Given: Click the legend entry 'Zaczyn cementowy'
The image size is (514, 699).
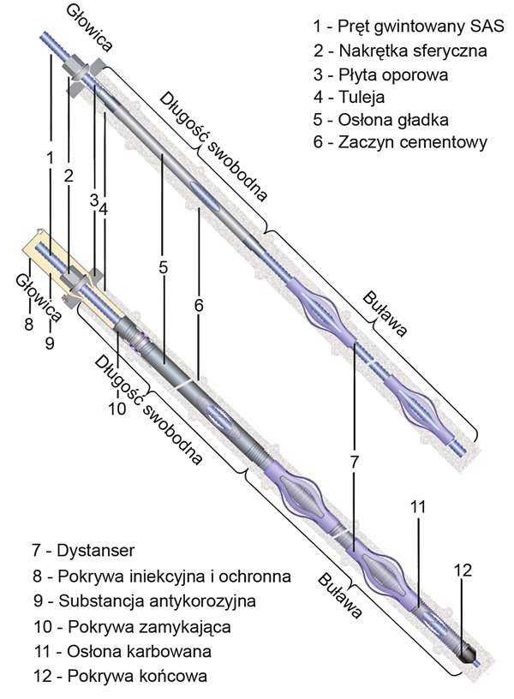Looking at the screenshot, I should pyautogui.click(x=400, y=143).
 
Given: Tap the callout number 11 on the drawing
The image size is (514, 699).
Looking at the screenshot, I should pyautogui.click(x=416, y=507).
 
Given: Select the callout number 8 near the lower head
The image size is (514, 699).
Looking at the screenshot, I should pyautogui.click(x=28, y=324).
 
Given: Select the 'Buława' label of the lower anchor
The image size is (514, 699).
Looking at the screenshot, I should pyautogui.click(x=337, y=592).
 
